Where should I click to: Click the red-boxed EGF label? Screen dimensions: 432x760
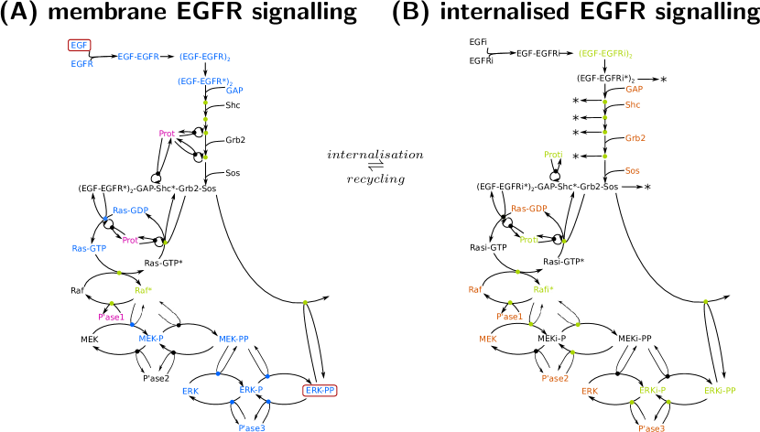tap(80, 45)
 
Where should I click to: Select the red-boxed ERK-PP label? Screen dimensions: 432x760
tap(320, 391)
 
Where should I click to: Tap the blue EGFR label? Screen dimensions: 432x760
tap(82, 64)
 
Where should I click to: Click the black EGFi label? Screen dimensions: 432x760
tap(478, 42)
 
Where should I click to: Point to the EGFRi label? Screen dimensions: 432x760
tap(482, 61)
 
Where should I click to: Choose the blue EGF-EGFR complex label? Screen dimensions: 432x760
tap(137, 57)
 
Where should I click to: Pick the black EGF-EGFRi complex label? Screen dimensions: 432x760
tap(537, 54)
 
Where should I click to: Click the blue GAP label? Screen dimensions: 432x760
tap(234, 91)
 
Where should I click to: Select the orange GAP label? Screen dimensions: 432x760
tap(634, 89)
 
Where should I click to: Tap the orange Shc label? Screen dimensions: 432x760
tap(633, 105)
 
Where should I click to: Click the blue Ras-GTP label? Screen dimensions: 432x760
tap(89, 248)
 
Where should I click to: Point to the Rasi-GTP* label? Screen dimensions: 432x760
tap(563, 262)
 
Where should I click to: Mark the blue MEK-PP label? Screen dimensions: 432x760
tap(233, 339)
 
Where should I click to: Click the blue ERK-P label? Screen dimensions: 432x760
tap(251, 390)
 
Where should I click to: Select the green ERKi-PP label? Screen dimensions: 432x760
tap(721, 391)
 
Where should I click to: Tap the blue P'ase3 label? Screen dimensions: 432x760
tap(252, 427)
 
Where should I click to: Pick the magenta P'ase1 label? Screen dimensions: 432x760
tap(111, 318)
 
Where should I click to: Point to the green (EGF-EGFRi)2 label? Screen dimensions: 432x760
tap(605, 54)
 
